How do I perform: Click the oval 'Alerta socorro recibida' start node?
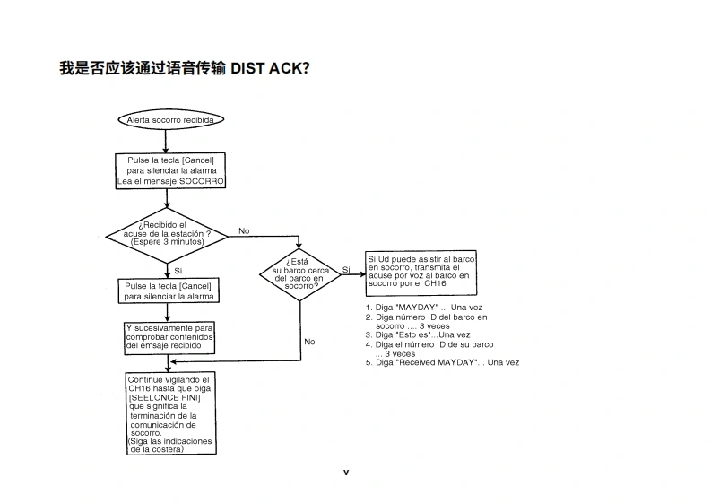coord(169,119)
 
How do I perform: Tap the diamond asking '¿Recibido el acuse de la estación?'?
coord(168,235)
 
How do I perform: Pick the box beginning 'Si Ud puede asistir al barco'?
coord(421,273)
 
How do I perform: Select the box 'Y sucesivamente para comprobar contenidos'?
coord(169,336)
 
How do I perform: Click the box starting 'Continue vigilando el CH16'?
coord(169,414)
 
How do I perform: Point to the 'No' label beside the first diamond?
coord(244,230)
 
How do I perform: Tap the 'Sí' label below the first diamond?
coord(178,271)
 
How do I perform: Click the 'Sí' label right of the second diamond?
coord(346,269)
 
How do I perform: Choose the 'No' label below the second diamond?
coord(309,342)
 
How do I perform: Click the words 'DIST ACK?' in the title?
coord(270,68)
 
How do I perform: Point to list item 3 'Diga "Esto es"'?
coord(417,335)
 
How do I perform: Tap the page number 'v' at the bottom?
coord(346,472)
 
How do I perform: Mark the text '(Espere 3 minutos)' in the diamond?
coord(168,242)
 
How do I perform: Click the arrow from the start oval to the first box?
coord(168,141)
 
